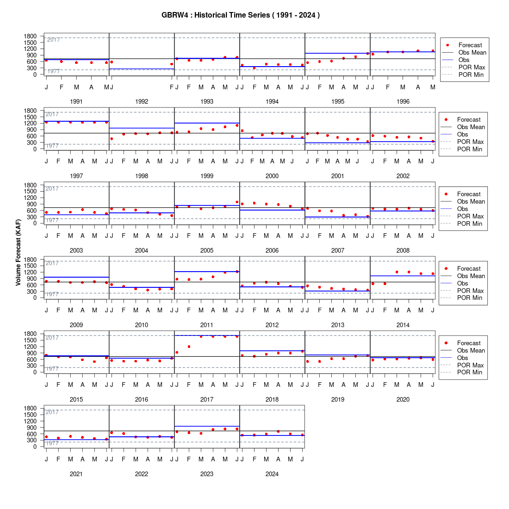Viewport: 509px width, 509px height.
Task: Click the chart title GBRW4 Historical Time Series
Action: click(241, 15)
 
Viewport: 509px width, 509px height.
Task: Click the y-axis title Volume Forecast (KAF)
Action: click(18, 252)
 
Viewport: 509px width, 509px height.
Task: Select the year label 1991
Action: click(76, 102)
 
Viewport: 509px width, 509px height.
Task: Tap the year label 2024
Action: click(272, 474)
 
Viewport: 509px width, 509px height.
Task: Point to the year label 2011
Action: click(207, 325)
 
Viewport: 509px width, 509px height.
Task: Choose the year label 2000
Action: click(272, 176)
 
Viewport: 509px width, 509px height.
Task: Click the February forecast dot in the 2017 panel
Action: click(189, 347)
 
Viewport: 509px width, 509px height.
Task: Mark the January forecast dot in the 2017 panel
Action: click(177, 352)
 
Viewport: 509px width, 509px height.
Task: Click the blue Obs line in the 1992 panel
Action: click(142, 69)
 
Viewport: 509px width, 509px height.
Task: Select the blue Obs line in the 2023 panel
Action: click(207, 426)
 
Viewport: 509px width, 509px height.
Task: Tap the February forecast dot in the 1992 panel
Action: click(172, 64)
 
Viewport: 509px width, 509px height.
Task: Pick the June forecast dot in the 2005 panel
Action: click(237, 202)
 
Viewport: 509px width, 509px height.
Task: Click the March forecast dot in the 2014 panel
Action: click(397, 272)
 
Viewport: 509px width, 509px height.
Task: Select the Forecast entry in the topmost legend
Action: click(470, 45)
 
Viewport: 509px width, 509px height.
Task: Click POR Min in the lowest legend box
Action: click(469, 372)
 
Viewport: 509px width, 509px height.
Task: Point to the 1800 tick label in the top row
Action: click(30, 36)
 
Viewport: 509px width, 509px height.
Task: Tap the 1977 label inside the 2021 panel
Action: click(52, 443)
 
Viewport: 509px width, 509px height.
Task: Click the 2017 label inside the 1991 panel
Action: click(54, 40)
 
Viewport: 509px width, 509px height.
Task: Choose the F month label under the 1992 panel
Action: click(172, 87)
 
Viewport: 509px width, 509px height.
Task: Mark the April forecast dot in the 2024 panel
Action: click(278, 431)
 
